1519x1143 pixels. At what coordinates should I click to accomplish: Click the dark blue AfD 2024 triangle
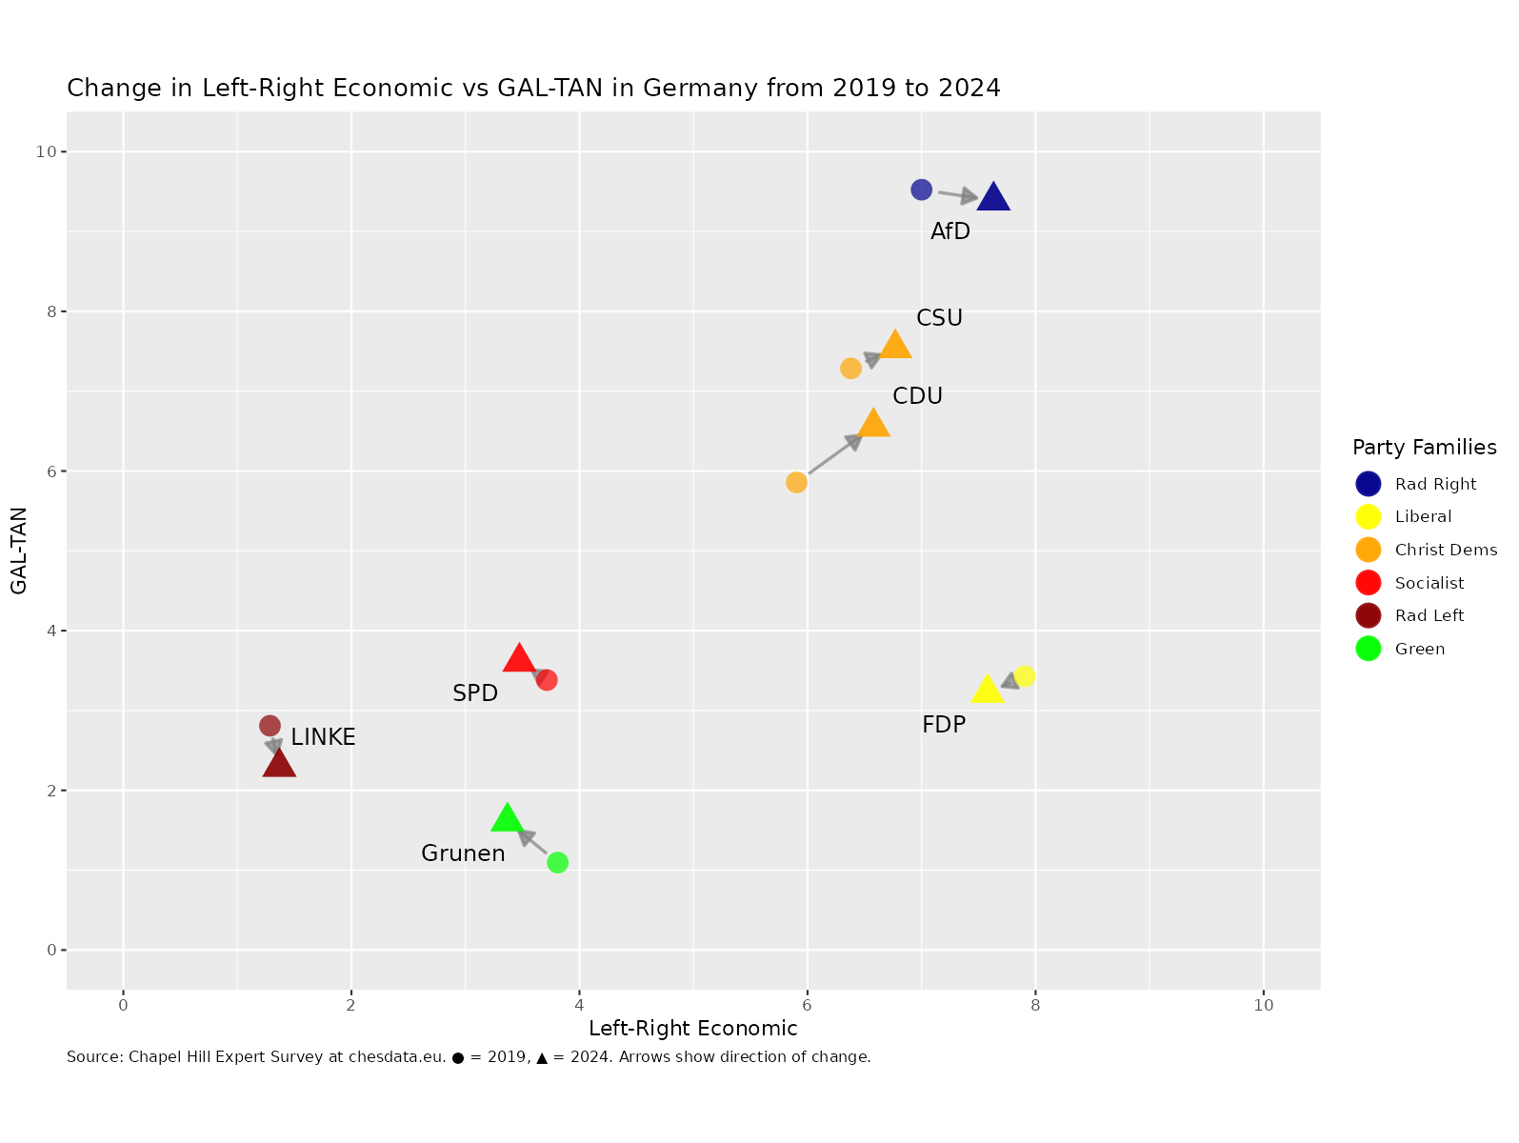[x=993, y=197]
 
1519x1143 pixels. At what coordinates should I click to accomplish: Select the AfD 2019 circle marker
[x=921, y=190]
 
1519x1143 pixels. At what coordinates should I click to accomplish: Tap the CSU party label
[x=939, y=318]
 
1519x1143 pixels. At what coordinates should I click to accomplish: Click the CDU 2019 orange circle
[x=796, y=483]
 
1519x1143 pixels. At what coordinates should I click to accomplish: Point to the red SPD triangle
[x=518, y=658]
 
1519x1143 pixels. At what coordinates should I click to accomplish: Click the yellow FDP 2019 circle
[x=1025, y=676]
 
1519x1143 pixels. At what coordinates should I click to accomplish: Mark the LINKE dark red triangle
[x=279, y=764]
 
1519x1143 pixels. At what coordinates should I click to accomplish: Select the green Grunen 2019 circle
[x=558, y=863]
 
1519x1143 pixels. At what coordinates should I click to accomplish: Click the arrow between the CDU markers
[x=834, y=454]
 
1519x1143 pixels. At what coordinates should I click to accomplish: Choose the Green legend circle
[x=1369, y=649]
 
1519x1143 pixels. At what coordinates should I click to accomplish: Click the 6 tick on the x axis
[x=807, y=1006]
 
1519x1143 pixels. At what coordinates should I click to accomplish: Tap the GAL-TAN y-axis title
[x=19, y=551]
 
